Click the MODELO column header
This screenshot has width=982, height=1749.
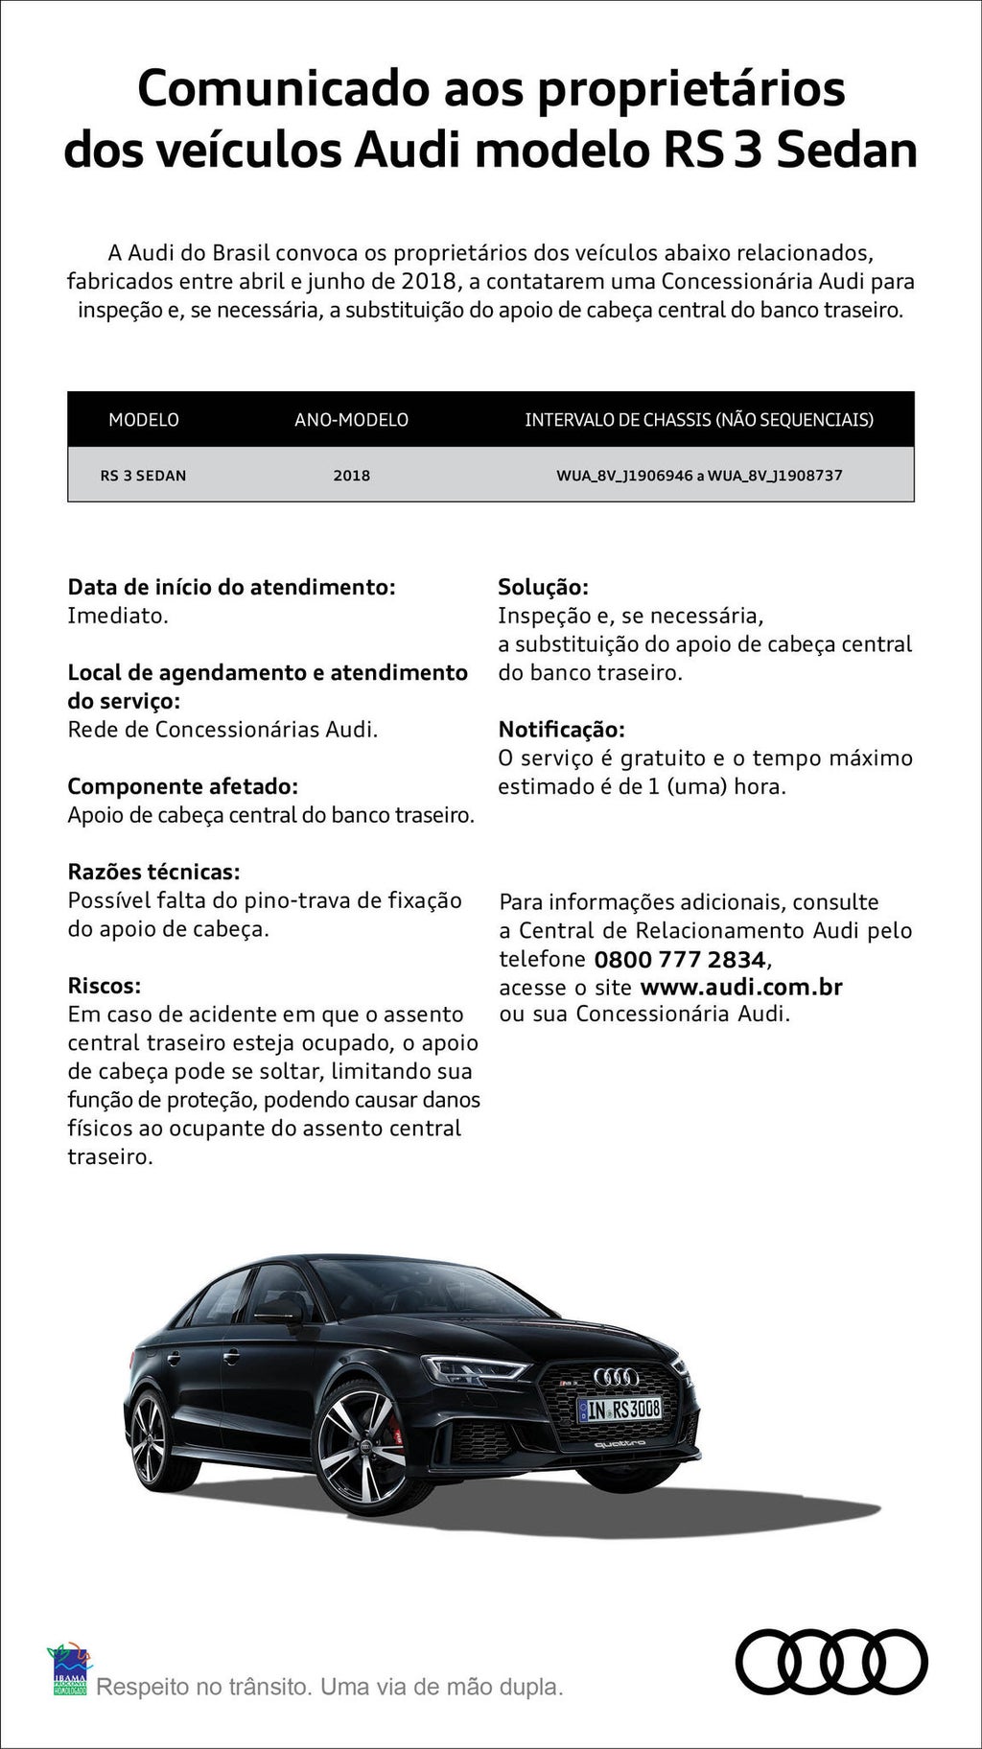point(144,420)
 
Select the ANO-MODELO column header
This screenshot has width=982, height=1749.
point(351,420)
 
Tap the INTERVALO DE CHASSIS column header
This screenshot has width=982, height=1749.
point(698,420)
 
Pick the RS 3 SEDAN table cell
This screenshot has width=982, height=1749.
point(144,475)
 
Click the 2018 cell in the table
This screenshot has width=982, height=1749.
point(351,475)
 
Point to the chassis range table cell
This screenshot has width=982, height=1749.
point(699,475)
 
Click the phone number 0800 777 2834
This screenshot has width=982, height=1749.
point(680,959)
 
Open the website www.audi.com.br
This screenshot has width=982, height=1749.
point(740,987)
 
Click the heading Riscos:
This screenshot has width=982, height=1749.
point(104,986)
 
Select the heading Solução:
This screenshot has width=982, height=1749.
point(543,587)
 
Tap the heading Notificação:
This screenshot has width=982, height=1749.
point(561,730)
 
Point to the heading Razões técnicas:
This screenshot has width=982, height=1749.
point(153,872)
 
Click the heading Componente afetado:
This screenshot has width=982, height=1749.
point(182,786)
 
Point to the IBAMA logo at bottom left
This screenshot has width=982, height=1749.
point(69,1668)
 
